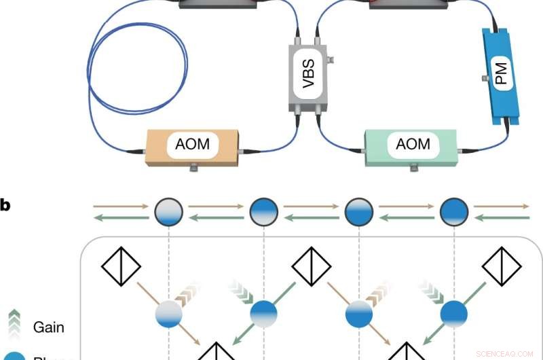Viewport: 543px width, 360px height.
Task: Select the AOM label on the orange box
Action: click(x=192, y=144)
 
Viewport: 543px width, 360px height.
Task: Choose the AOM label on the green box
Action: click(x=413, y=144)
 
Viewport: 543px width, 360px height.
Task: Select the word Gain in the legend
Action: click(x=49, y=327)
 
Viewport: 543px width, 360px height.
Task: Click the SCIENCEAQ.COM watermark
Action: click(x=505, y=353)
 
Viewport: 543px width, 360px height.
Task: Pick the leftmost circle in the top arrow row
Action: click(x=168, y=209)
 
